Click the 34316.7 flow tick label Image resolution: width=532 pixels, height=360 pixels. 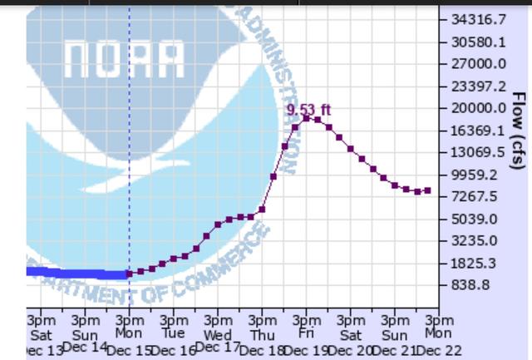(x=478, y=19)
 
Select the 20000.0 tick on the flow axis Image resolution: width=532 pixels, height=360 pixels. (x=478, y=108)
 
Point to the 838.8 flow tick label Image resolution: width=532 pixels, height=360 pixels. (x=470, y=285)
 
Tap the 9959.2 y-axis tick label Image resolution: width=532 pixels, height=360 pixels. (x=475, y=175)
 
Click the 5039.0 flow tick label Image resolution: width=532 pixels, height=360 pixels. (x=475, y=219)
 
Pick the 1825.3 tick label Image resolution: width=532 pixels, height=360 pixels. (x=475, y=263)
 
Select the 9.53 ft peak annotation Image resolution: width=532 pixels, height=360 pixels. (x=308, y=109)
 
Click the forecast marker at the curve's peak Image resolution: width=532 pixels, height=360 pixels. (x=306, y=118)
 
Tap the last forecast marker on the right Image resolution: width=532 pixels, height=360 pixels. (x=427, y=190)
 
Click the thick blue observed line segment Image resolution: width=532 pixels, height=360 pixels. (x=75, y=273)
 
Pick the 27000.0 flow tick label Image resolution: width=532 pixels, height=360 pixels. (x=478, y=64)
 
